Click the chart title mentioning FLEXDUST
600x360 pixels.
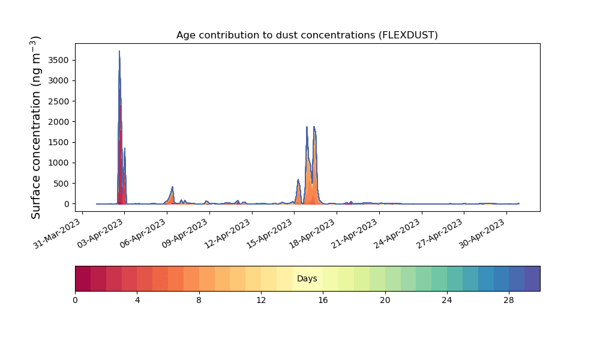(x=307, y=35)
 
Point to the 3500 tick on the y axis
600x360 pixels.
(x=58, y=60)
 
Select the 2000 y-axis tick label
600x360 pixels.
(x=58, y=122)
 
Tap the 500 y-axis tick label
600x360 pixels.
(x=61, y=183)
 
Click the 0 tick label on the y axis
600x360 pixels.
(x=67, y=204)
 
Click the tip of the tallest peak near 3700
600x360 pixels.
(x=119, y=51)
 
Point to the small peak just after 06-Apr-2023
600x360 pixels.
(x=173, y=187)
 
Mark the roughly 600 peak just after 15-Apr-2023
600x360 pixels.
(x=298, y=179)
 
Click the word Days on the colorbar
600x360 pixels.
(x=307, y=278)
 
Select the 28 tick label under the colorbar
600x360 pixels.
(x=509, y=301)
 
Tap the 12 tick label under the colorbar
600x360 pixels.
(x=261, y=301)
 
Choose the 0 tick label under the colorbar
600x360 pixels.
(x=75, y=301)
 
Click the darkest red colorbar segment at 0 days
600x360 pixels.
(x=83, y=278)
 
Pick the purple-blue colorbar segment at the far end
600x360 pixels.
(x=532, y=278)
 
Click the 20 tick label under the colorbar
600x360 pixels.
(x=385, y=301)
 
